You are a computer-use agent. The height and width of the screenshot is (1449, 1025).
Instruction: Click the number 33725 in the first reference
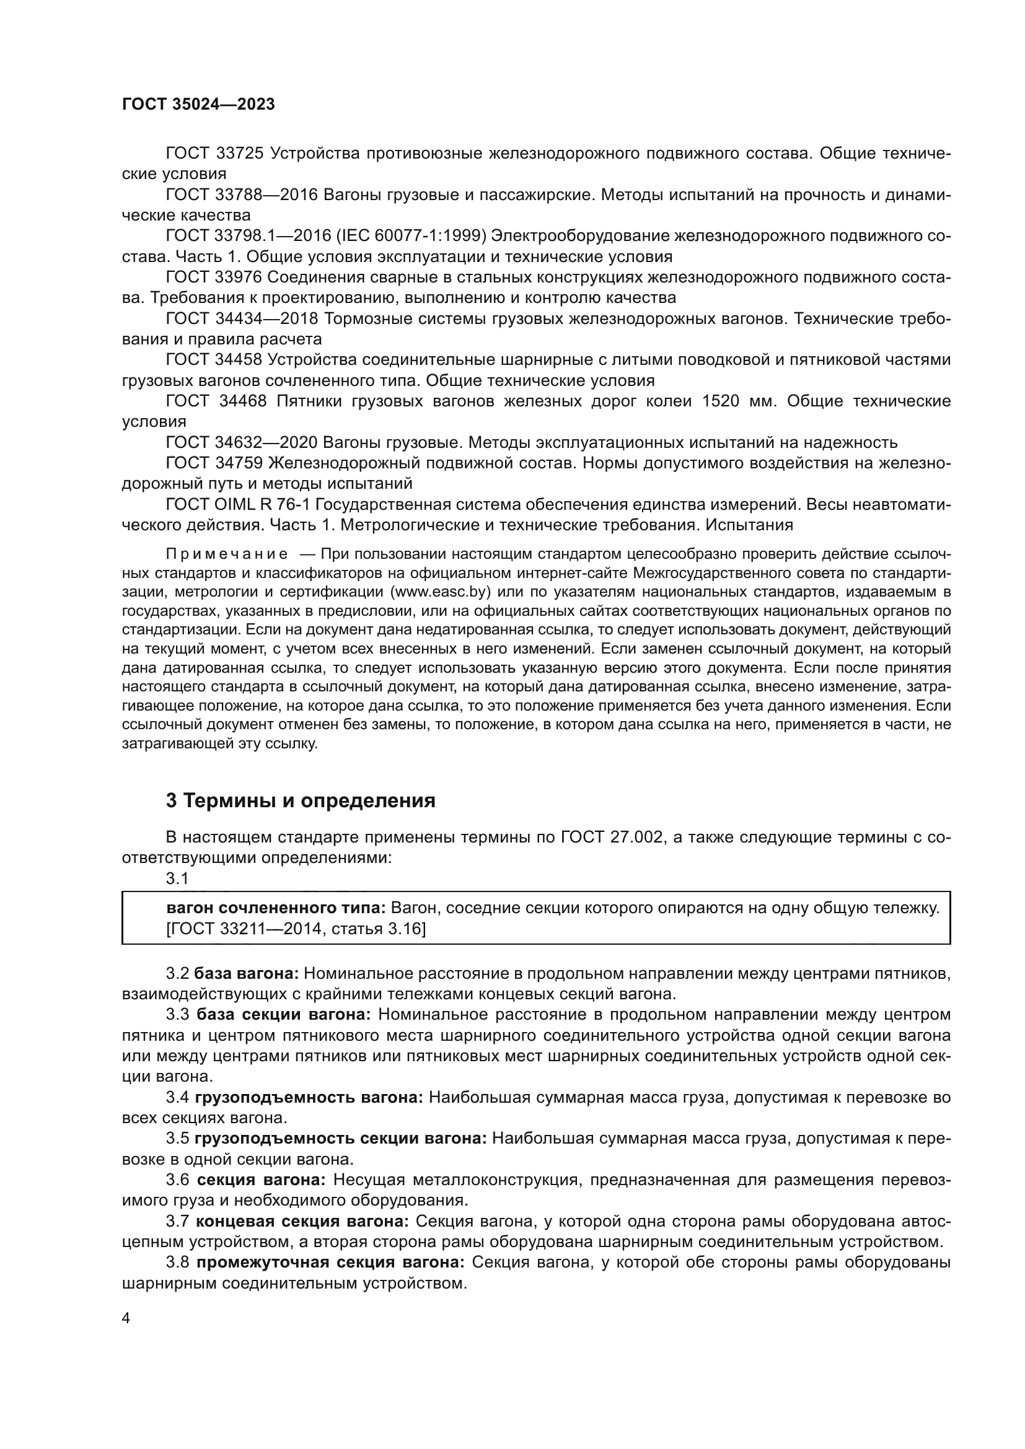[x=239, y=154]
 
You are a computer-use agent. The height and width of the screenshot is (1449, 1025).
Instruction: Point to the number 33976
[x=239, y=277]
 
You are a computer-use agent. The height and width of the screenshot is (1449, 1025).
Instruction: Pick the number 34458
[x=239, y=360]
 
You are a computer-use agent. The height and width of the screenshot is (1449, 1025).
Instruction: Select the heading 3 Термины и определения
[x=301, y=801]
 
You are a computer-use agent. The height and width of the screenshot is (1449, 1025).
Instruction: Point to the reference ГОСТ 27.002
[x=611, y=838]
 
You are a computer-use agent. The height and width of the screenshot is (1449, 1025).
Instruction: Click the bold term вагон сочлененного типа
[x=276, y=908]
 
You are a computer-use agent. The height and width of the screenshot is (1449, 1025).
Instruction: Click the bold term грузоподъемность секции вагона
[x=341, y=1139]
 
